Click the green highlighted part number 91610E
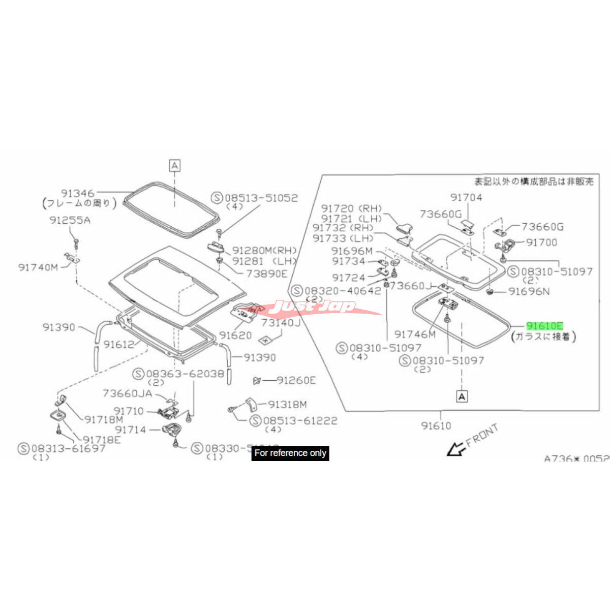click(x=544, y=326)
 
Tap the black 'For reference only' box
click(x=290, y=453)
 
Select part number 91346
click(x=78, y=193)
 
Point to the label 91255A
click(x=70, y=220)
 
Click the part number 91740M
click(x=38, y=267)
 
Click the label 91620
click(x=235, y=335)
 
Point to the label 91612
click(x=119, y=344)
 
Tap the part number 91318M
click(x=287, y=405)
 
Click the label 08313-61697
click(x=69, y=448)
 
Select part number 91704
click(x=466, y=197)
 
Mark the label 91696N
click(x=529, y=292)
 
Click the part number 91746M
click(x=415, y=334)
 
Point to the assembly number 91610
click(x=436, y=425)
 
